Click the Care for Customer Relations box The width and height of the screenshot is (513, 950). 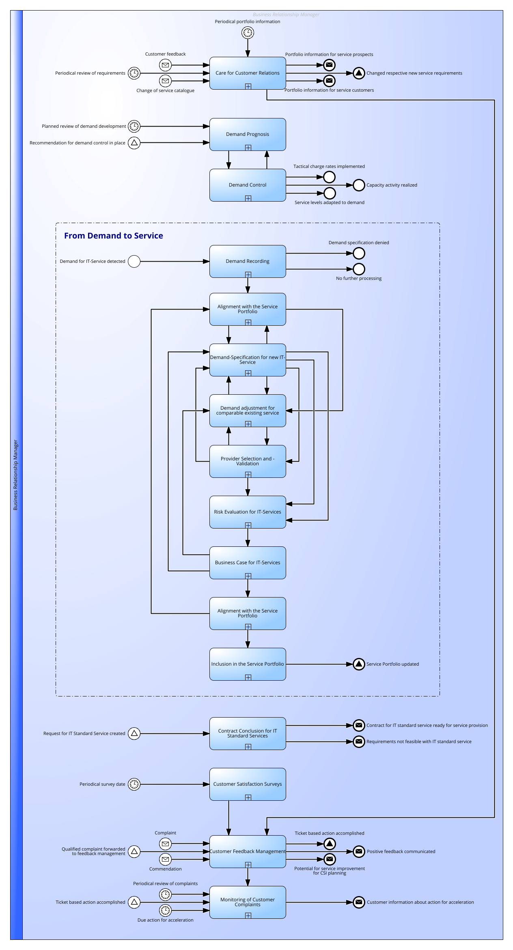(x=248, y=73)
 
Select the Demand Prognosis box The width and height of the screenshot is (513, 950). (x=248, y=134)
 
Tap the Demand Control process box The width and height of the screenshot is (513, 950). (x=248, y=185)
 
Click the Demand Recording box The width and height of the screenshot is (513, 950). (x=248, y=261)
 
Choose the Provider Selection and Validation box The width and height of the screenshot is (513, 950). (x=248, y=461)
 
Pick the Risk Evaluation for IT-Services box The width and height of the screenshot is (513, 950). (x=248, y=512)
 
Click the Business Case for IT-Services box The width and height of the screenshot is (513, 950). (x=248, y=563)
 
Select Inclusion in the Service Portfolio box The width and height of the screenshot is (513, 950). (x=248, y=664)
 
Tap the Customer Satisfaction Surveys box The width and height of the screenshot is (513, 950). (x=248, y=784)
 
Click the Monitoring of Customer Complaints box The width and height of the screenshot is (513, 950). (x=248, y=902)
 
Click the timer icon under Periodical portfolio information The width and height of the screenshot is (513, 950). (x=248, y=32)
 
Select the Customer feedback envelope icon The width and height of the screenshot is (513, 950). (x=165, y=65)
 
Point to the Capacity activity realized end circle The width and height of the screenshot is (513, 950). (x=359, y=185)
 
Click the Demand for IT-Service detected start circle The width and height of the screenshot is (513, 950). (x=134, y=261)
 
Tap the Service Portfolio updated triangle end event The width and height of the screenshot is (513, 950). (x=359, y=664)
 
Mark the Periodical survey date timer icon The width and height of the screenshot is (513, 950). (x=134, y=784)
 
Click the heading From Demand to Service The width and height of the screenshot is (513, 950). (x=114, y=236)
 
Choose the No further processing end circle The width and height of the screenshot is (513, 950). (x=359, y=269)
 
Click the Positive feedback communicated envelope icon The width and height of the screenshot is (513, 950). (x=359, y=851)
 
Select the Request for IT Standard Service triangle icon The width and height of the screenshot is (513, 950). (x=134, y=733)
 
